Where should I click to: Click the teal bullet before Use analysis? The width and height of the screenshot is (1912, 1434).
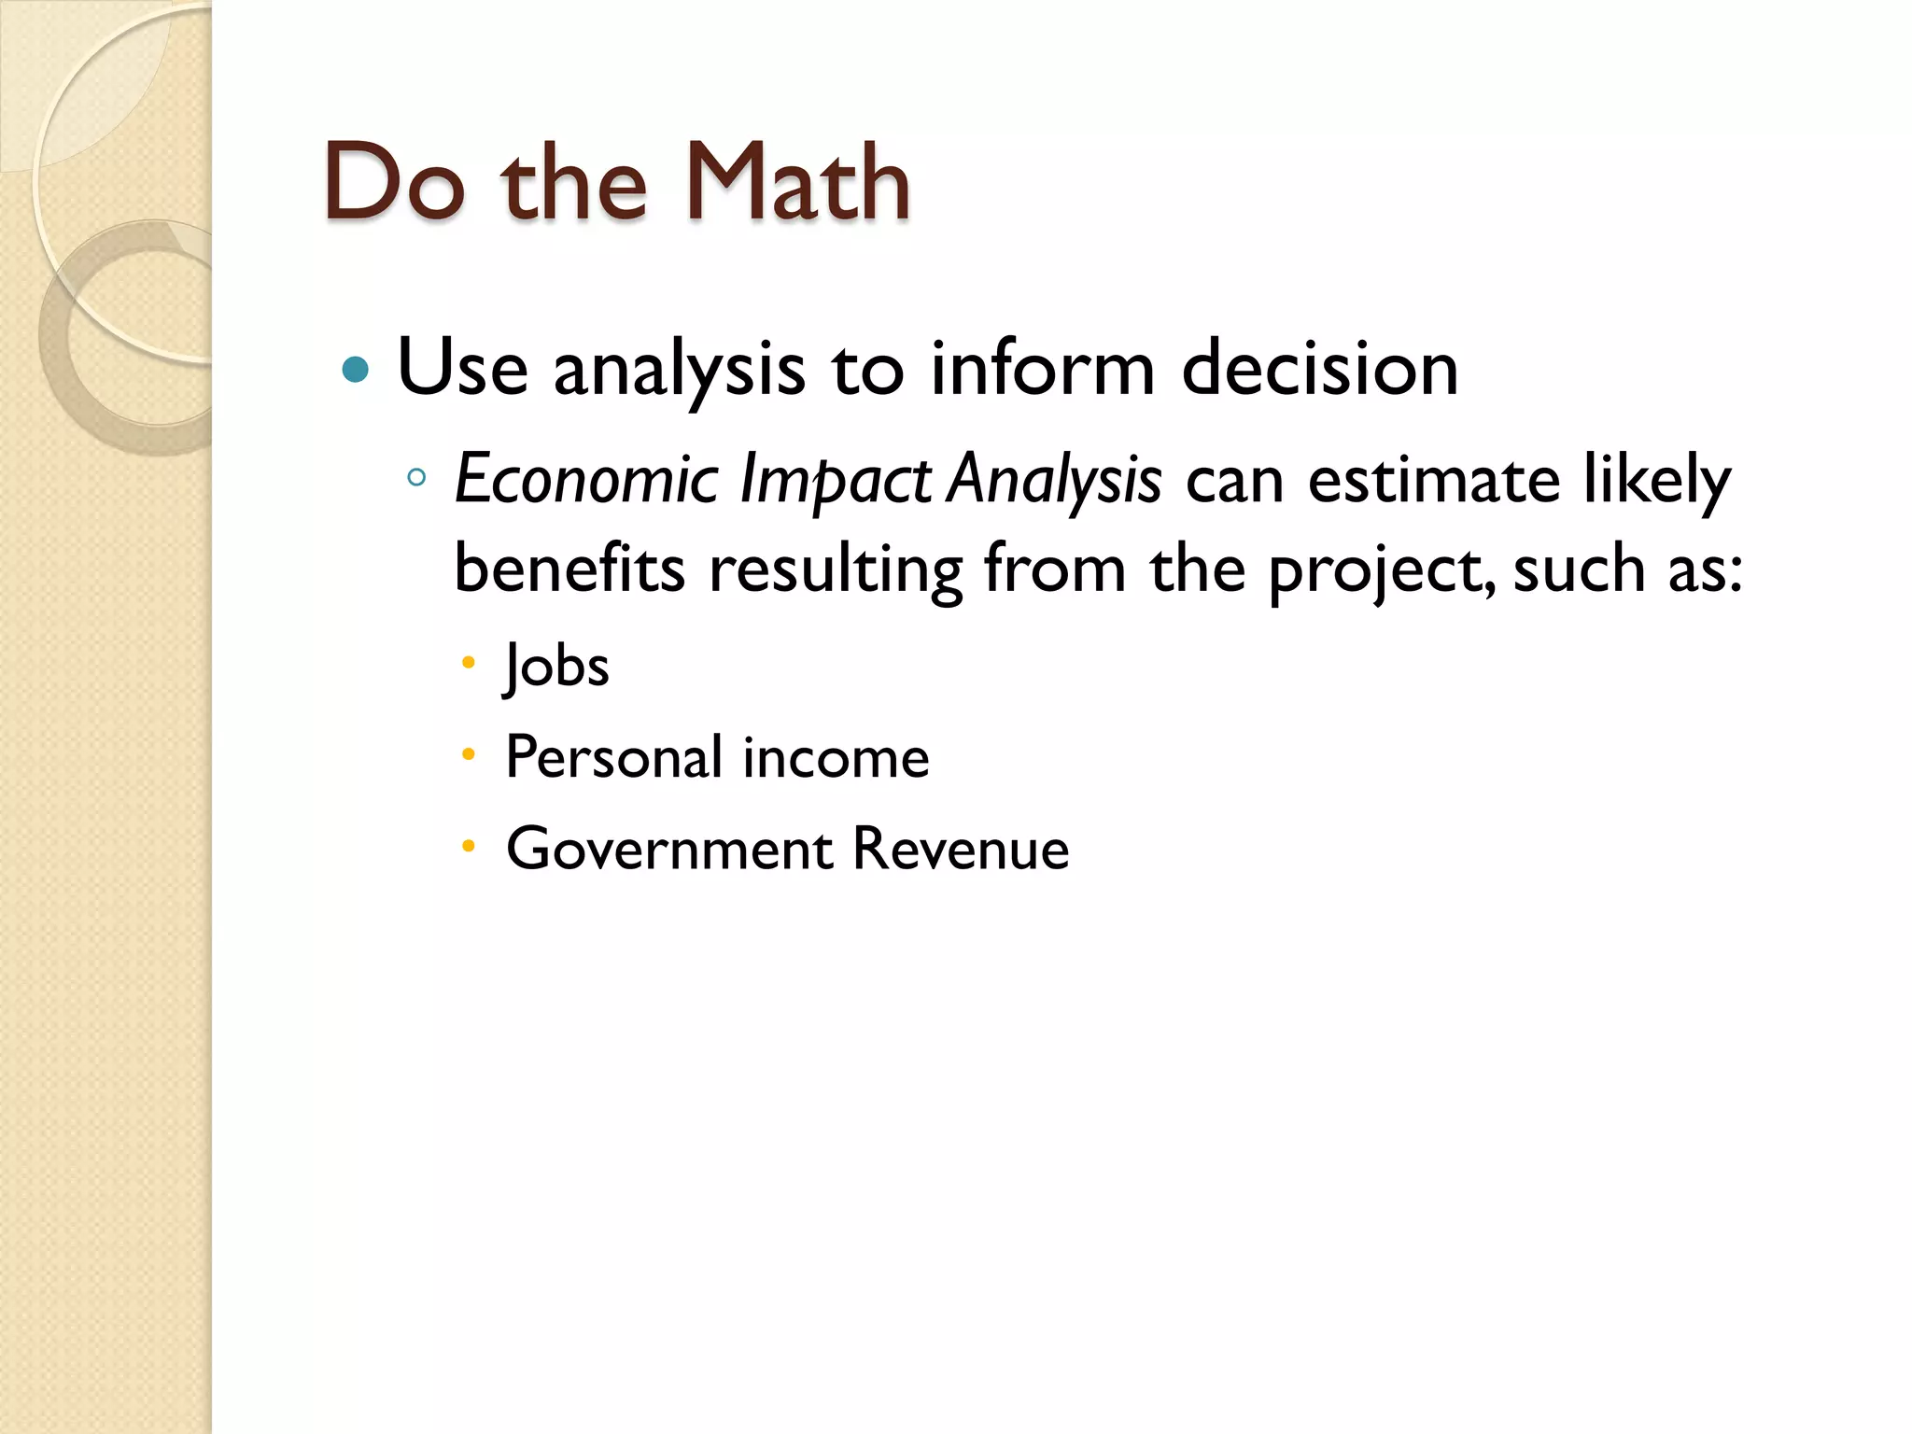(356, 371)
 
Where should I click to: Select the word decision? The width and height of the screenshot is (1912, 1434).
(1319, 369)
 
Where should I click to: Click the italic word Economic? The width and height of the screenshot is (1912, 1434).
(585, 479)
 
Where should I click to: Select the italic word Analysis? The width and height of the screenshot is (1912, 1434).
(1054, 479)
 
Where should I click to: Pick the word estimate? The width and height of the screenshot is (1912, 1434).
(1433, 479)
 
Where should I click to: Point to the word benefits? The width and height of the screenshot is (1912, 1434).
(569, 568)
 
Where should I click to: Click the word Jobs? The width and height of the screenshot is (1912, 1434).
(556, 667)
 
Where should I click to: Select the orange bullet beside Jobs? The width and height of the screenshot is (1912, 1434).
(469, 664)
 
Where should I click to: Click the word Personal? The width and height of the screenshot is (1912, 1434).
(614, 756)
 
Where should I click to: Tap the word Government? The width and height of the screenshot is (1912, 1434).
(669, 849)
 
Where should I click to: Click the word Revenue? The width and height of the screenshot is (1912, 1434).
(961, 849)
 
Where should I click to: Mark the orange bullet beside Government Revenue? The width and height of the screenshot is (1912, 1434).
(469, 847)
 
